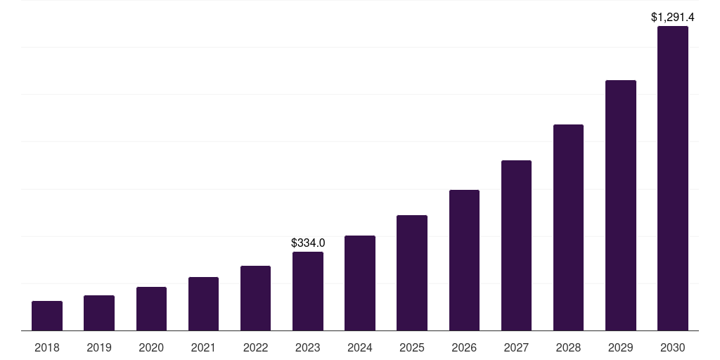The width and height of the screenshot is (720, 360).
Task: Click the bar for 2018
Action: pos(47,316)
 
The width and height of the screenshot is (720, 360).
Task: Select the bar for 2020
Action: pos(151,309)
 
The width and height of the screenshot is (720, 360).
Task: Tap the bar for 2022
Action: pos(255,298)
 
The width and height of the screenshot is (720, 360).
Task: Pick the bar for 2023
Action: pos(308,291)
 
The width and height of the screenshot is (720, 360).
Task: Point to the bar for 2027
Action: pos(516,245)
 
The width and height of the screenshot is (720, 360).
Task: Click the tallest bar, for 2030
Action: pos(672,179)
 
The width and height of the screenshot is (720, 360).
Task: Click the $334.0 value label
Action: pos(308,243)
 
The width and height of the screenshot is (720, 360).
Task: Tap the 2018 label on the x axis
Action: pos(47,347)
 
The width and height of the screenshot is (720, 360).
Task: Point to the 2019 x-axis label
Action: pos(99,347)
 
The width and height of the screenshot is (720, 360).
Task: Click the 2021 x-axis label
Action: pos(203,347)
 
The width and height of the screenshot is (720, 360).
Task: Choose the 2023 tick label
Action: pos(308,347)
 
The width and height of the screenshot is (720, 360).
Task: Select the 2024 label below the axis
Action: pos(360,347)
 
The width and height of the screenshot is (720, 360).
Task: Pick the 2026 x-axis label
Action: pos(464,347)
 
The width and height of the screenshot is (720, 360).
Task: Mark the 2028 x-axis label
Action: pos(568,347)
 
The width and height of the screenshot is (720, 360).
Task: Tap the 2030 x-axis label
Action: pos(672,347)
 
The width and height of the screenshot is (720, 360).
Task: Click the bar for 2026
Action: pos(464,260)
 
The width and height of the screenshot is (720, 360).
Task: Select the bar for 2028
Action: pos(568,228)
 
